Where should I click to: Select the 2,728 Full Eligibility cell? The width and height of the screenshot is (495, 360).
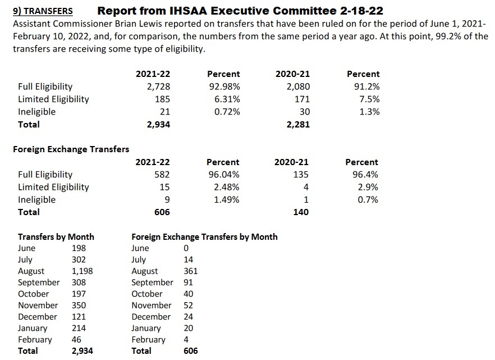(x=158, y=86)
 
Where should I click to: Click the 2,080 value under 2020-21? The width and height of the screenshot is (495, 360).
(x=297, y=86)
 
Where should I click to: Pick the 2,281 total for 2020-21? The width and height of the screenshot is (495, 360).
(x=297, y=124)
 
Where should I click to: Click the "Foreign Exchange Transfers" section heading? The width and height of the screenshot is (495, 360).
(x=71, y=149)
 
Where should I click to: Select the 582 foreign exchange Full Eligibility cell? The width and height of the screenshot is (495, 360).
(x=162, y=175)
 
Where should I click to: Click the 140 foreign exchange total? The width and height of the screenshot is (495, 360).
(x=301, y=212)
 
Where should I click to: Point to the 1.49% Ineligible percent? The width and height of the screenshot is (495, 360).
(x=227, y=199)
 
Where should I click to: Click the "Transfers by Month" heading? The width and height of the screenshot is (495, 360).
(x=56, y=236)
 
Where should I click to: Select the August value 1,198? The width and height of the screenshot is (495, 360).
(x=82, y=271)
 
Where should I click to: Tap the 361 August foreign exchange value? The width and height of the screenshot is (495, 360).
(x=191, y=271)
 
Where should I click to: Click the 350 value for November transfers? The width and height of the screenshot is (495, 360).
(x=79, y=305)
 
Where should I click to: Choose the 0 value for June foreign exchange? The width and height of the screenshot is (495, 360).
(x=186, y=248)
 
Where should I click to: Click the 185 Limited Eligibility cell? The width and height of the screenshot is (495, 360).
(x=162, y=99)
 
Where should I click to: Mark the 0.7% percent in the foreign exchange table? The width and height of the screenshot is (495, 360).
(x=368, y=199)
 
